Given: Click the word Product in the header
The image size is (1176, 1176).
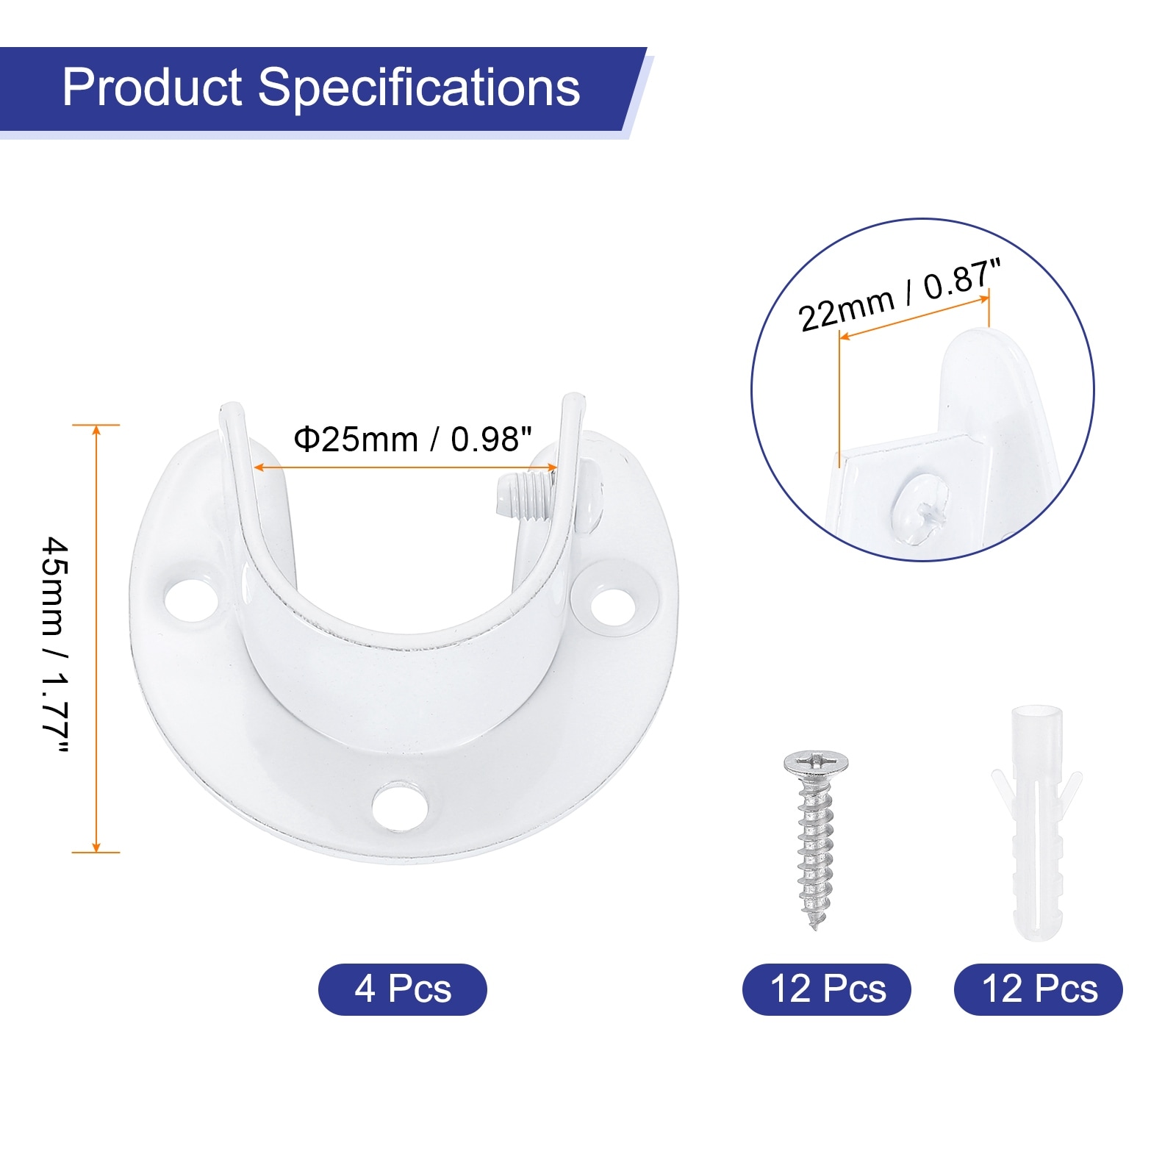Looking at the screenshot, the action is [x=152, y=87].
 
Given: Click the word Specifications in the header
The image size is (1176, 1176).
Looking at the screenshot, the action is [x=419, y=89].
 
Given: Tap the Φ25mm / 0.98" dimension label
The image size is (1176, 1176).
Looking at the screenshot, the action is [x=412, y=440].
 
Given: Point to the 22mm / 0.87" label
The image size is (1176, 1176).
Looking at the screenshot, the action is [x=900, y=295].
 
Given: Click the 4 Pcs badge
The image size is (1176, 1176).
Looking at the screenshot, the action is [x=403, y=989].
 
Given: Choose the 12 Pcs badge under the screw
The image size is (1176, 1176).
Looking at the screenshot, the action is [x=827, y=989].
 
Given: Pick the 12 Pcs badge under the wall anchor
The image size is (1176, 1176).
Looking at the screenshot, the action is [x=1039, y=989].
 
